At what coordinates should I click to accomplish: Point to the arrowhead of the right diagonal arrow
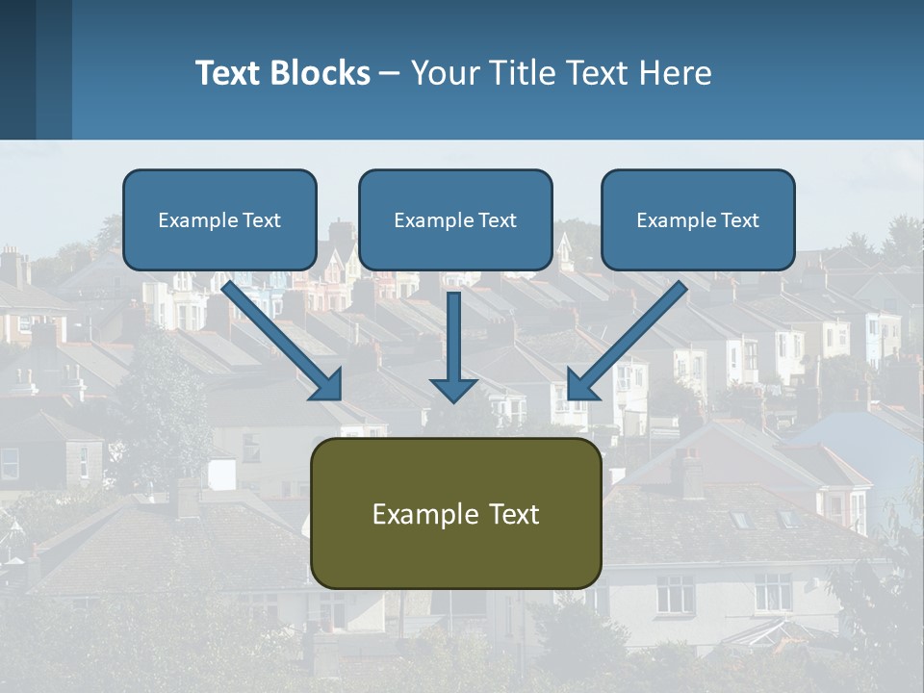tap(579, 385)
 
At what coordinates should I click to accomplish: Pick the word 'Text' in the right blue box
tap(740, 220)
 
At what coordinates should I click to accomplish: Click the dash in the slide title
tap(390, 74)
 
